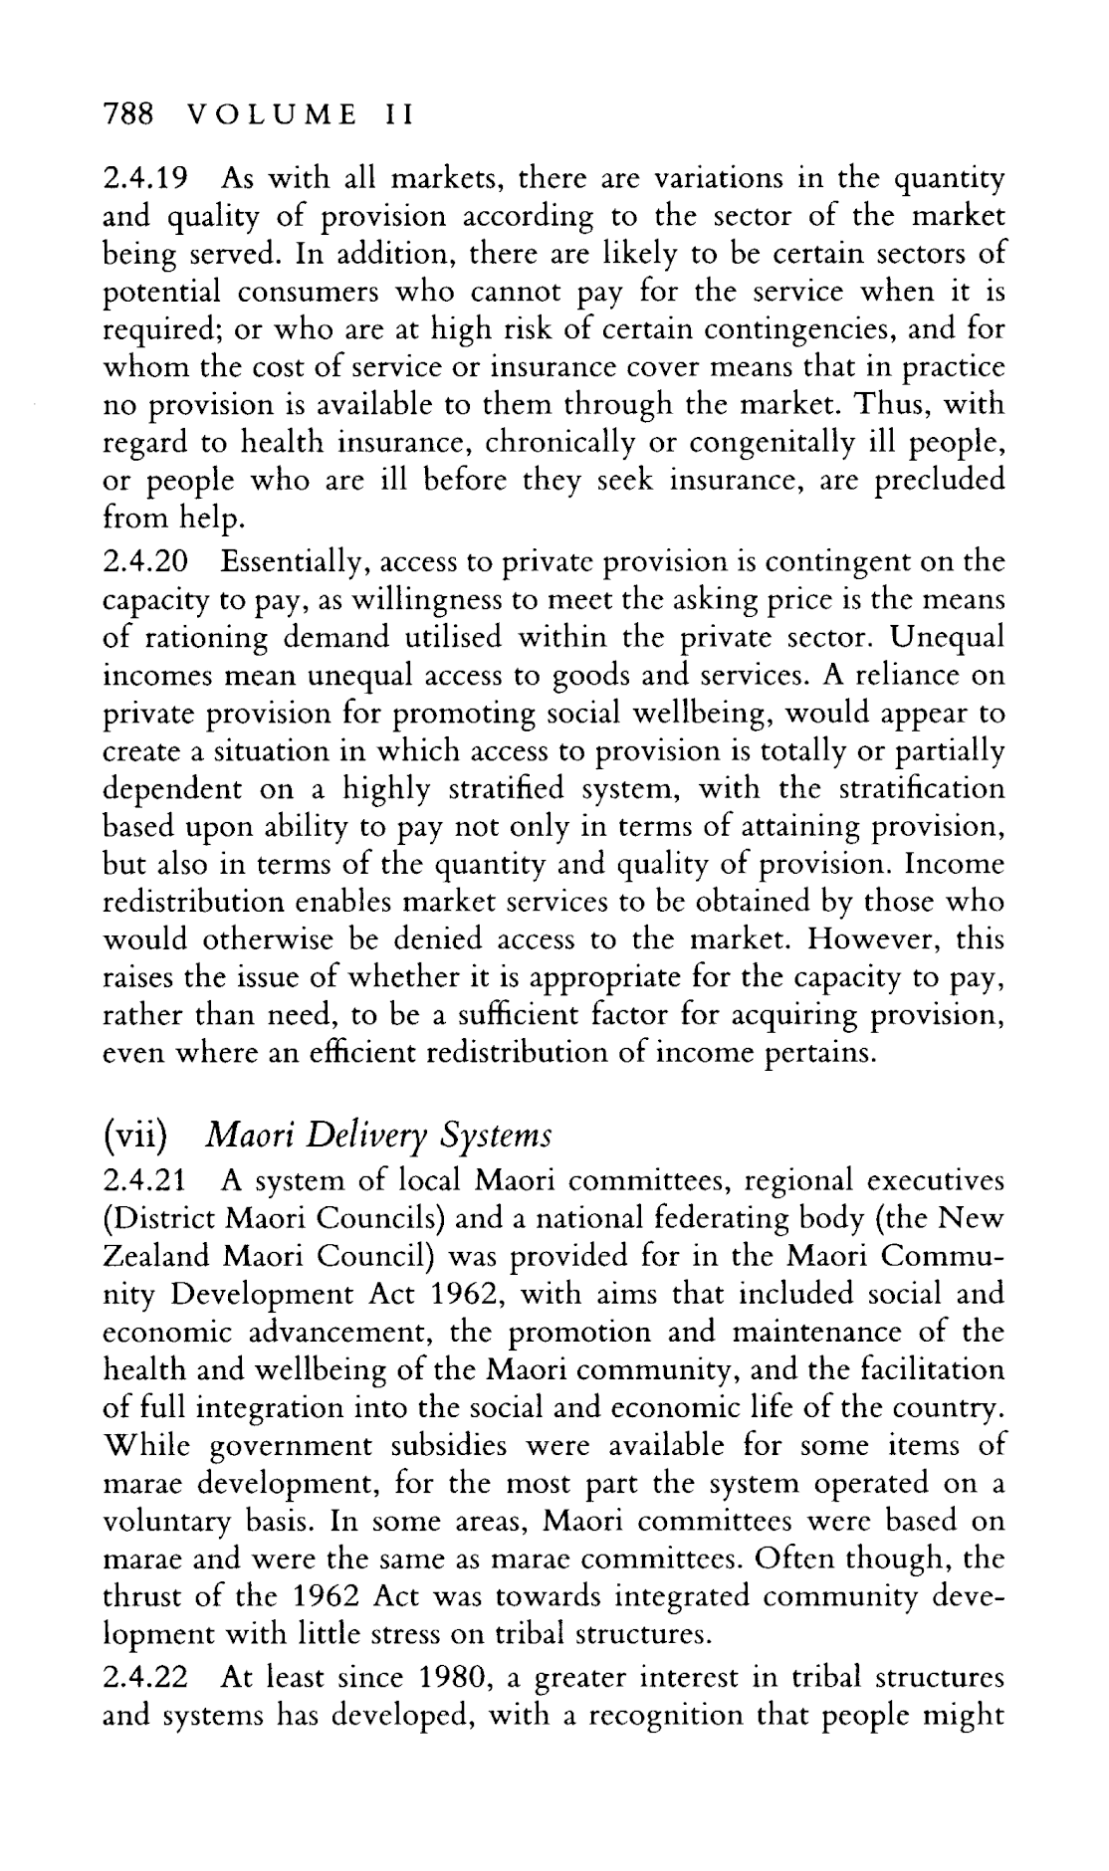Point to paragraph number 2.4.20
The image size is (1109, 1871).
pyautogui.click(x=146, y=562)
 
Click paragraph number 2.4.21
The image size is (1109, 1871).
pyautogui.click(x=145, y=1181)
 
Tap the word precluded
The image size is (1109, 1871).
pyautogui.click(x=939, y=482)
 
